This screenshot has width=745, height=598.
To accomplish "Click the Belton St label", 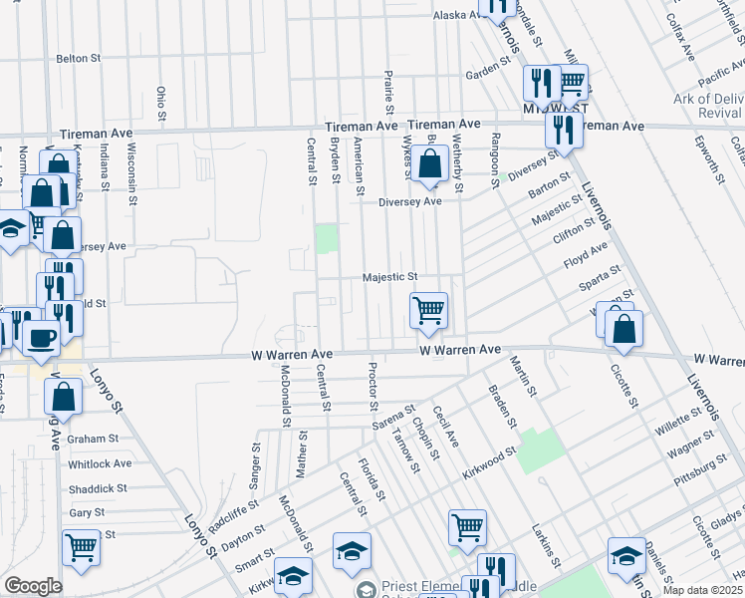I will (x=80, y=59).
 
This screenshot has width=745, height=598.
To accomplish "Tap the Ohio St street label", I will (x=161, y=103).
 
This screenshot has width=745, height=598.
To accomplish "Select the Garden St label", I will (x=487, y=74).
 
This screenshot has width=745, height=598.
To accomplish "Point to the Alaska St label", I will (x=456, y=16).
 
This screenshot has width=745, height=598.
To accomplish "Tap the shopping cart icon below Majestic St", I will (x=428, y=310).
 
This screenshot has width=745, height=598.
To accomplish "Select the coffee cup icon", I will (x=42, y=338).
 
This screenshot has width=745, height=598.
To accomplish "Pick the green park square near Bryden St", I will (x=326, y=239).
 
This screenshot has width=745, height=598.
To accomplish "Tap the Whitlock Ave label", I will (x=100, y=463).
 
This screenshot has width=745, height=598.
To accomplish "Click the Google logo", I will (x=33, y=586).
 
